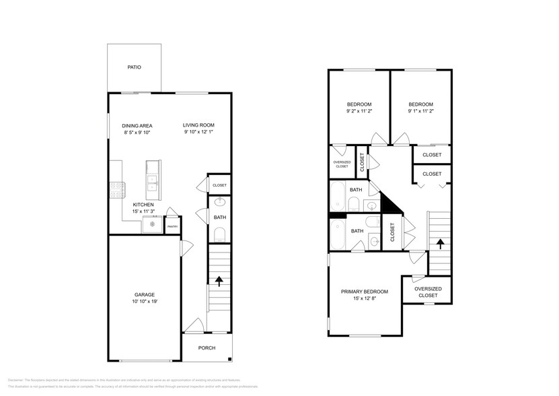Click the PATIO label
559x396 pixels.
coord(135,67)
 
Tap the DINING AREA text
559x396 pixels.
coord(137,125)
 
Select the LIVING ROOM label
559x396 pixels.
coord(198,125)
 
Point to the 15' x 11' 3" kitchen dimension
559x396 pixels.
coord(143,212)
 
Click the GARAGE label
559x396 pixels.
coord(145,294)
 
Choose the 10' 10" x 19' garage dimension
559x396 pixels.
coord(145,302)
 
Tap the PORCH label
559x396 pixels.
coord(207,348)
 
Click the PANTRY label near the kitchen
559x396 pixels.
coord(172,227)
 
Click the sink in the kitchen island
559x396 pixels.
coord(153,180)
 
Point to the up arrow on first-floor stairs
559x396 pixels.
coord(219,282)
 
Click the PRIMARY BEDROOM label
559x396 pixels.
coord(364,292)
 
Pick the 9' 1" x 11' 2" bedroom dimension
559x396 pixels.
coord(420,112)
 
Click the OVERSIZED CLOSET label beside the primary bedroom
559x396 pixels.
coord(427,292)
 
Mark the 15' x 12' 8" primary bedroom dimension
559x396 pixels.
coord(364,299)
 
